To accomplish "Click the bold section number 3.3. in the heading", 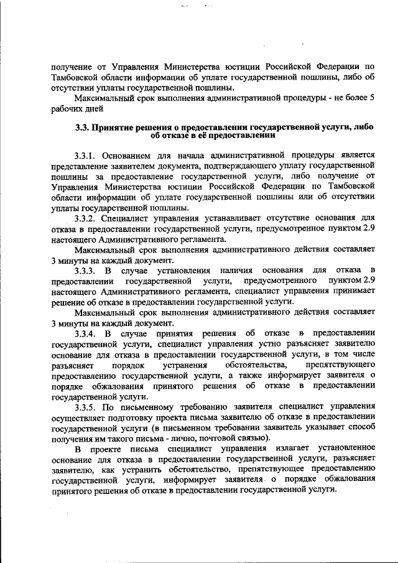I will coord(83,128).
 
